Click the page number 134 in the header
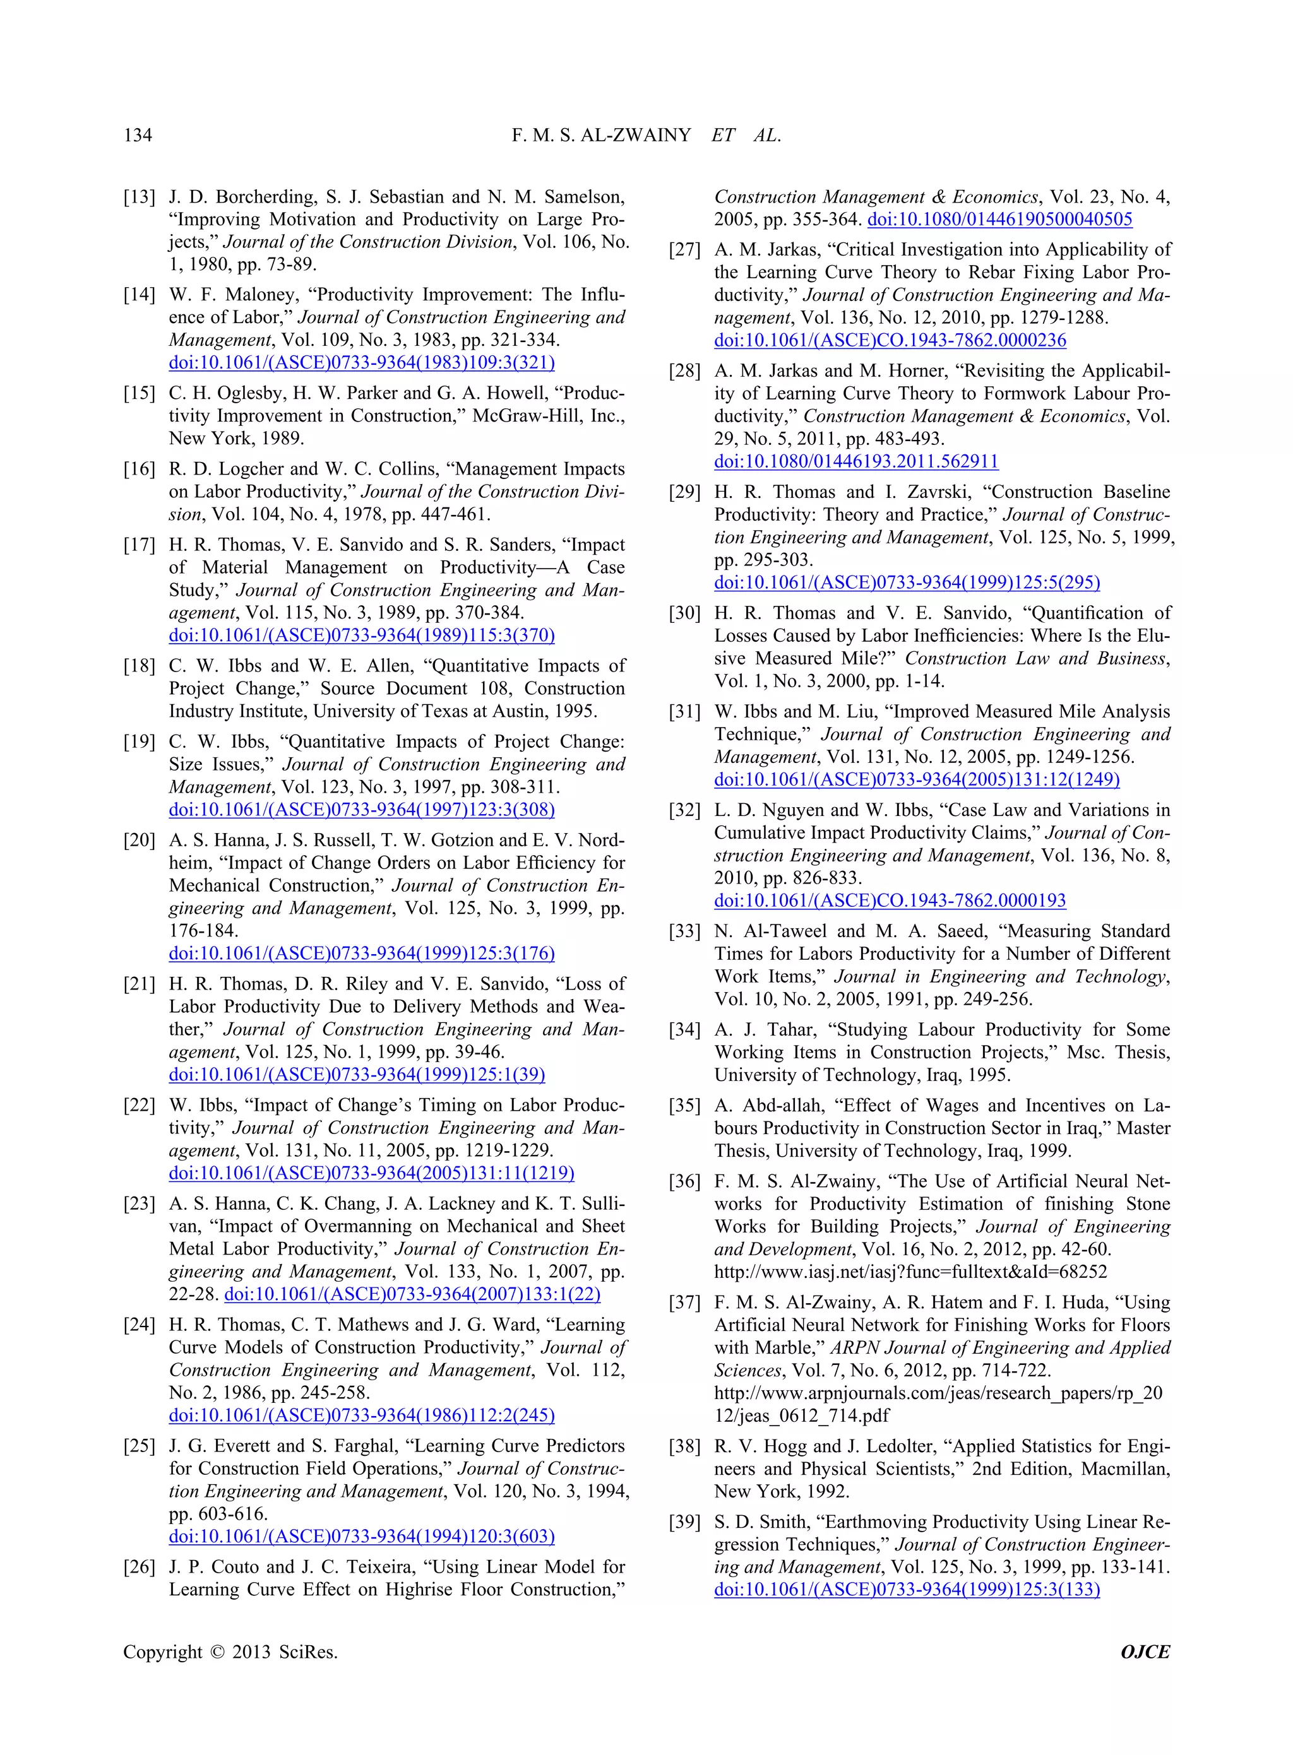pyautogui.click(x=138, y=135)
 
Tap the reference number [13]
pyautogui.click(x=140, y=197)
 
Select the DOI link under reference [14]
pyautogui.click(x=362, y=363)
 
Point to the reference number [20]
pyautogui.click(x=140, y=841)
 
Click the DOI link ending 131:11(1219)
pyautogui.click(x=371, y=1174)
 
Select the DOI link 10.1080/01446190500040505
pyautogui.click(x=999, y=220)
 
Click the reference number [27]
pyautogui.click(x=685, y=251)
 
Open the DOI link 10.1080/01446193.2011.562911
pyautogui.click(x=855, y=463)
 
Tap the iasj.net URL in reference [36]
pyautogui.click(x=910, y=1272)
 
